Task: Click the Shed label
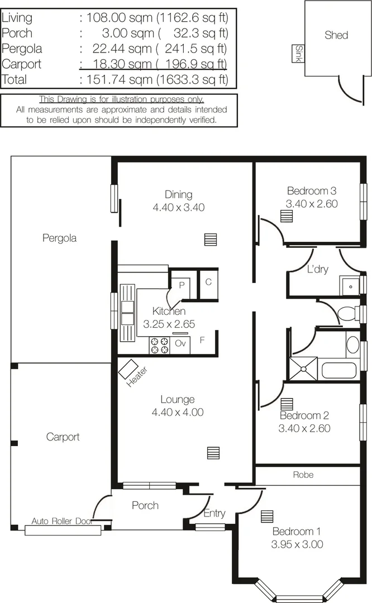pos(336,35)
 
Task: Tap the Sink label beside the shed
pos(298,54)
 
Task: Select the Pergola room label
pos(59,238)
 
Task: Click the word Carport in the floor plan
pos(63,437)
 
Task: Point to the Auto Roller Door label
pos(61,521)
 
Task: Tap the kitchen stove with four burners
pos(159,346)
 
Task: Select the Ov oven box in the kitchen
pos(180,344)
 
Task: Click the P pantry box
pos(182,284)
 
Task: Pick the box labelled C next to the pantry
pos(208,282)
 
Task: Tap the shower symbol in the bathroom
pos(303,368)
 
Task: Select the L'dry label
pos(318,269)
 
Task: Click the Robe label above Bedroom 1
pos(303,475)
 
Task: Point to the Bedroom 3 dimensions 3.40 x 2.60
pos(311,204)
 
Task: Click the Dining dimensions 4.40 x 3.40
pos(178,207)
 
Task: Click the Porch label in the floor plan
pos(145,505)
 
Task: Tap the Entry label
pos(214,514)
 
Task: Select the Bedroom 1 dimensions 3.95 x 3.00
pos(297,544)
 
